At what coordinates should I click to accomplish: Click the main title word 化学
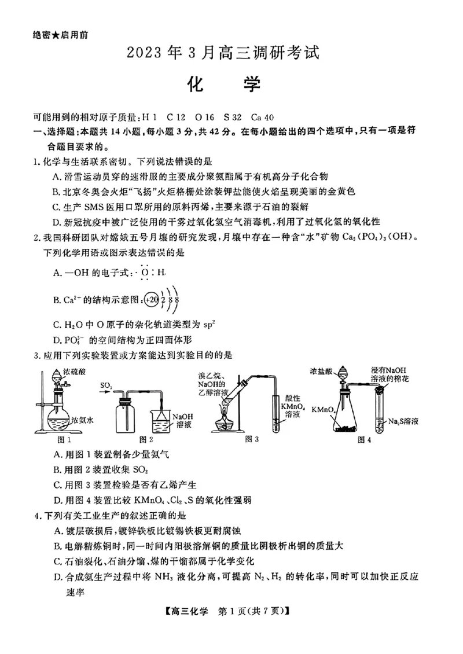coord(225,85)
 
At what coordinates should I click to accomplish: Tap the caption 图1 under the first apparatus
coord(53,439)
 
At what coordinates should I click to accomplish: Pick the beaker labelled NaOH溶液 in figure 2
coord(160,421)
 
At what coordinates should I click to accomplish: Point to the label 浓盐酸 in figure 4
coord(321,371)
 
